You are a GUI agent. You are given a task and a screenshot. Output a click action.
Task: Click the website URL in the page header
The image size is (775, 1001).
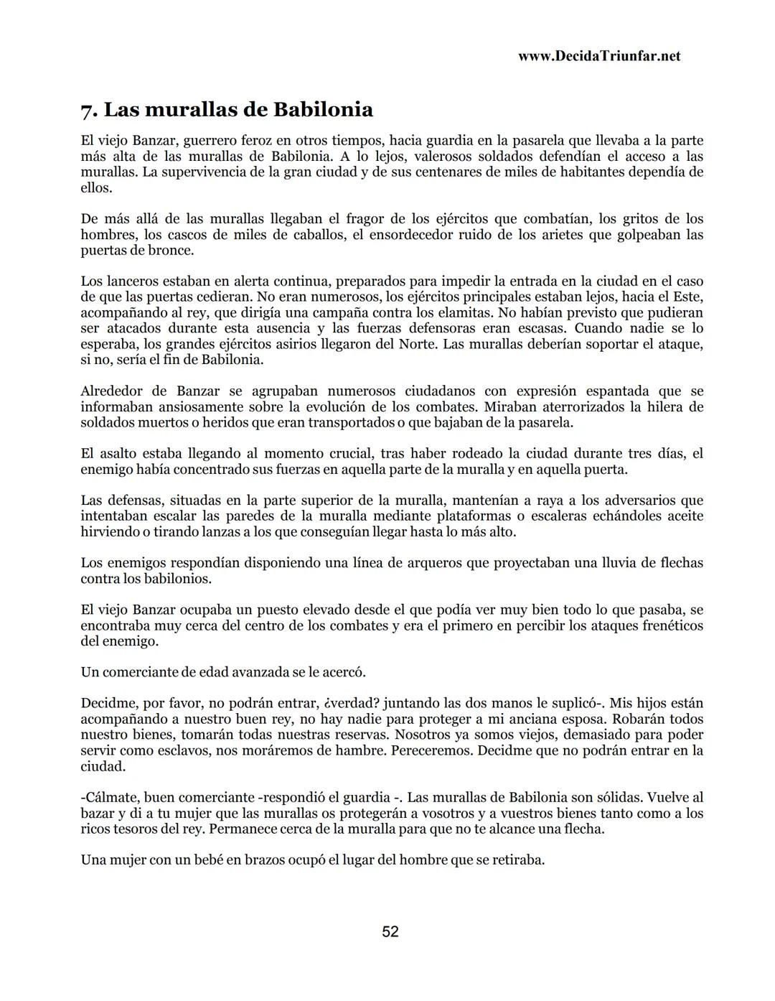[598, 56]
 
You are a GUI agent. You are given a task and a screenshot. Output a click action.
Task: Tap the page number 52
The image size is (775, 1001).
[390, 932]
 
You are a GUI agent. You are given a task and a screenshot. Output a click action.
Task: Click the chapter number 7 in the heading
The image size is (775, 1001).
[88, 111]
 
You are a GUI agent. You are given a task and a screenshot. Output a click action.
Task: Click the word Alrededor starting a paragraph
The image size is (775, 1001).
[110, 391]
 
